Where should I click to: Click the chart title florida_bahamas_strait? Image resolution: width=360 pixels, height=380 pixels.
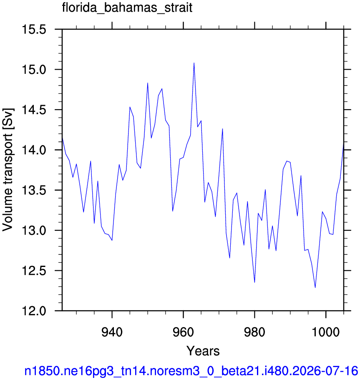point(127,8)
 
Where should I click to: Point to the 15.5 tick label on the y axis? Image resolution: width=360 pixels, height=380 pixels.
point(34,30)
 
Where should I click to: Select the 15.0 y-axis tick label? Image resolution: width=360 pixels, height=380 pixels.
point(34,70)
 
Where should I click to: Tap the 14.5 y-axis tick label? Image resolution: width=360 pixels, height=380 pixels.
point(34,110)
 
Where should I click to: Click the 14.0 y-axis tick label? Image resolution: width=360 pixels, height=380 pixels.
point(34,150)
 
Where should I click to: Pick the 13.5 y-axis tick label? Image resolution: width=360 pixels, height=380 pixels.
point(34,191)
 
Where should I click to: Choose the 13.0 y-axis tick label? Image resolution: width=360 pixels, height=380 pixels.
point(34,231)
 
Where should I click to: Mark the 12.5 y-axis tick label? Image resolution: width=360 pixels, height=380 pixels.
point(34,271)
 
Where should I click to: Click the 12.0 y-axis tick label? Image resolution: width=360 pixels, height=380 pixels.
point(34,311)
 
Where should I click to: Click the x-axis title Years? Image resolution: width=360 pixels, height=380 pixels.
point(203,351)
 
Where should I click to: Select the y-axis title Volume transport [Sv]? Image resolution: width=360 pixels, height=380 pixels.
point(8,170)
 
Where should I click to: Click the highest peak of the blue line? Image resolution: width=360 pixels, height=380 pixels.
point(194,63)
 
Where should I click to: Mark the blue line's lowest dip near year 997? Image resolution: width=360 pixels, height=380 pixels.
point(315,287)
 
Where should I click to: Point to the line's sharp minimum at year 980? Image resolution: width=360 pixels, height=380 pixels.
point(254,282)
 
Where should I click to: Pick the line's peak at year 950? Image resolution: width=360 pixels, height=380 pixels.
point(148,83)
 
